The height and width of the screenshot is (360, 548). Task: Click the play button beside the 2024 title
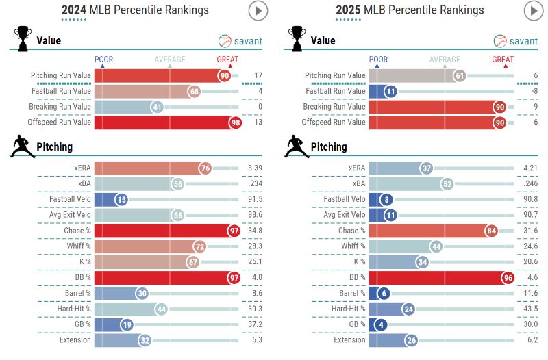258,10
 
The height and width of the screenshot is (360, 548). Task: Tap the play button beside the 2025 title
533,10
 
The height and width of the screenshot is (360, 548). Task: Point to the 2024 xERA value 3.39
254,168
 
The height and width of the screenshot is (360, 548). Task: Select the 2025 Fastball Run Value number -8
532,91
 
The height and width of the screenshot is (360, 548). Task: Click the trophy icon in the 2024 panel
22,38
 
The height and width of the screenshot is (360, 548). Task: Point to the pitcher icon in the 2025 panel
295,146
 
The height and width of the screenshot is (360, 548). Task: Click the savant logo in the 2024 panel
240,41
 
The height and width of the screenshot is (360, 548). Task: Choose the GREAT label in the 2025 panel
503,60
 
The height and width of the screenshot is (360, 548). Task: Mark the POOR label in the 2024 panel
103,60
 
